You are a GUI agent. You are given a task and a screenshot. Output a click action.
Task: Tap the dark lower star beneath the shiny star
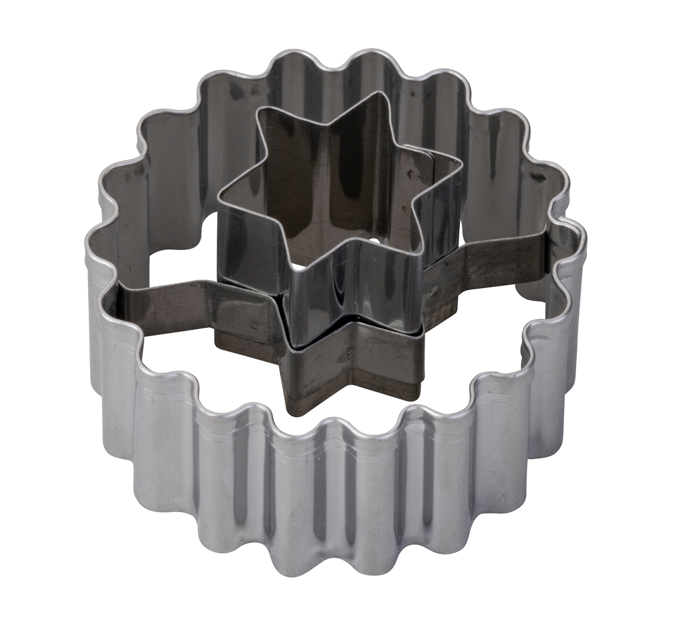(x=345, y=358)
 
